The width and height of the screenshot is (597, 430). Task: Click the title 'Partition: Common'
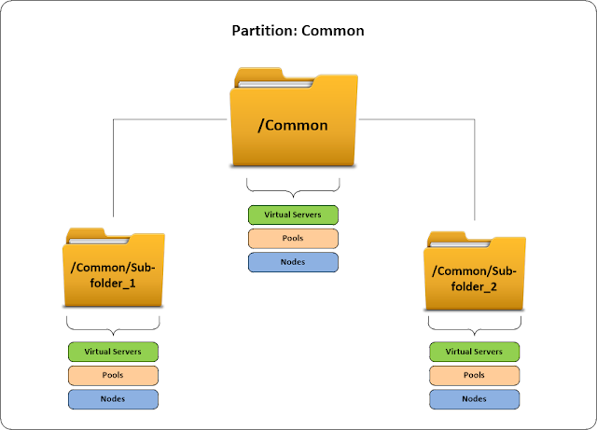pos(298,30)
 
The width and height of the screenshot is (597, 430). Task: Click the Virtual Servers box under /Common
pos(293,215)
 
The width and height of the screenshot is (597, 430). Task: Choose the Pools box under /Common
pos(293,238)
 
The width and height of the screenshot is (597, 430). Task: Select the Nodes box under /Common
pos(293,261)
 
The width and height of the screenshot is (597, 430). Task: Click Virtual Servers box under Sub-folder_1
pos(113,352)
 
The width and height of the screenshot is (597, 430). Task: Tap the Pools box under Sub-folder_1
pos(113,375)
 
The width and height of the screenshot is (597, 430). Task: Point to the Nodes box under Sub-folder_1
pos(113,398)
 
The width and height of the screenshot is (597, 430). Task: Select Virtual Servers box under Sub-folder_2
pos(474,352)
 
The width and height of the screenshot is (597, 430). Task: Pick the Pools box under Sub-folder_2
pos(474,375)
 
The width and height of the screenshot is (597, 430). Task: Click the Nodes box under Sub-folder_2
pos(474,398)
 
